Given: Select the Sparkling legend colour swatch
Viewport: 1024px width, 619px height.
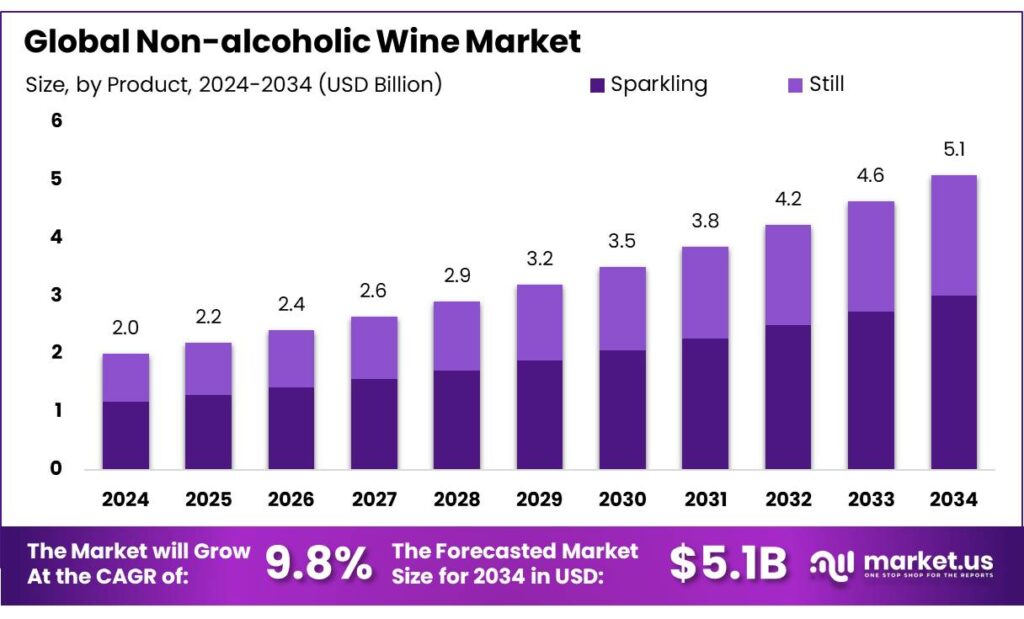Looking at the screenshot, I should click(597, 85).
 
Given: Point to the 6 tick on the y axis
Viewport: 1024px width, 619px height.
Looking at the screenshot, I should click(57, 121).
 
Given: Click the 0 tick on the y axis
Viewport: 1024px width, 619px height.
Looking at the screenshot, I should click(57, 468).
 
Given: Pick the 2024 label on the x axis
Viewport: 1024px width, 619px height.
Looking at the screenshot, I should click(126, 498).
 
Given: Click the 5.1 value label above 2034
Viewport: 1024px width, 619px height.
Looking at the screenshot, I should click(953, 150).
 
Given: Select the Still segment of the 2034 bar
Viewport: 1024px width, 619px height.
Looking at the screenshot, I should click(953, 235).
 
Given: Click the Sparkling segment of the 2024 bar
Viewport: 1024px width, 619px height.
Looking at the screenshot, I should click(126, 435).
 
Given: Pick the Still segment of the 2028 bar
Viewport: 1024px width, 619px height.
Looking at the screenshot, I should click(456, 336).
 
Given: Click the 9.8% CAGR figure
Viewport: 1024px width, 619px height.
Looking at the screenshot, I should click(319, 564).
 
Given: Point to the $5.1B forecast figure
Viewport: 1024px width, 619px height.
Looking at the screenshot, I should click(728, 564).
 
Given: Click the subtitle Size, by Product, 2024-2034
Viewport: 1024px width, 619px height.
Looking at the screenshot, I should click(234, 85).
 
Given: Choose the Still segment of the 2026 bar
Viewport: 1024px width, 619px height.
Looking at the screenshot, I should click(291, 359).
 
